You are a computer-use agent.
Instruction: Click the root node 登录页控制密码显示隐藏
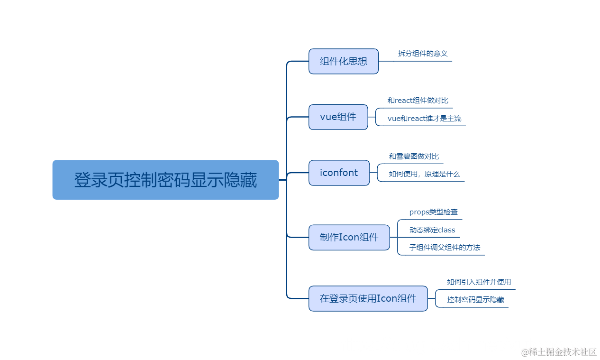(x=165, y=180)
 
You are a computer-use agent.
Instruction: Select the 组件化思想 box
(x=344, y=61)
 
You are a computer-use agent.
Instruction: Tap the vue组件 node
(x=338, y=117)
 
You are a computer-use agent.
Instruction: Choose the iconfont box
(x=339, y=173)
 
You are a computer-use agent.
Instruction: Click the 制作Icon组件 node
(x=349, y=237)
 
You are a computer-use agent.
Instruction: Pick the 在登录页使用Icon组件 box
(x=368, y=298)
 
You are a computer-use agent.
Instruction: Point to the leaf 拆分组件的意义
(x=423, y=54)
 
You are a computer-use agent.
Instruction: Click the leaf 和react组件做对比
(x=418, y=101)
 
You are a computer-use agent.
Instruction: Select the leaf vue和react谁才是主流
(x=424, y=119)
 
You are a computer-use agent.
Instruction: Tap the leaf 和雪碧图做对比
(x=414, y=157)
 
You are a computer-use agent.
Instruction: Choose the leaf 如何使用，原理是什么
(x=424, y=174)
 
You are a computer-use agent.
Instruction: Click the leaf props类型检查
(x=433, y=212)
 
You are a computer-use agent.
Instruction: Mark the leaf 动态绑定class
(x=432, y=230)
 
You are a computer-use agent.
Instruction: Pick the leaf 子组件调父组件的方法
(x=445, y=248)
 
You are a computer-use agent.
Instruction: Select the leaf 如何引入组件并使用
(x=479, y=282)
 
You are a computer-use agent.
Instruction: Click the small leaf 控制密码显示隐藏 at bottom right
(x=475, y=300)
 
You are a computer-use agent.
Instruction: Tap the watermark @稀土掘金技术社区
(x=559, y=352)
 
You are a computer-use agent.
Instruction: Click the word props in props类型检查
(x=419, y=212)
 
